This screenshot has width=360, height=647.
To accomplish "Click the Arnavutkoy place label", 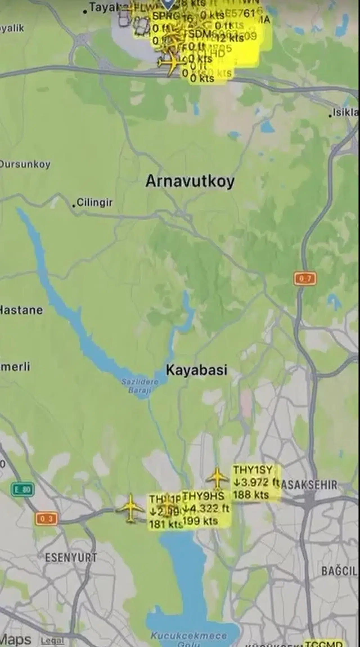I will click(x=190, y=181).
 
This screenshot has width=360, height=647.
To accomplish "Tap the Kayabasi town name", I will click(x=196, y=370).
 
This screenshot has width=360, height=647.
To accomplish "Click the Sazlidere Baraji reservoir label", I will click(x=140, y=386).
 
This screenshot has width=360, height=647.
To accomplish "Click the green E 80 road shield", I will click(x=23, y=489).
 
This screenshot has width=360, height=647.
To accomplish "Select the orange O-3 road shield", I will click(x=46, y=519).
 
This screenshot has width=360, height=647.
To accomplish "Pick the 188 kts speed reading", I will click(x=251, y=495).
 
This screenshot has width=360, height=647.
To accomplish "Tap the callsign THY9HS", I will click(x=204, y=496).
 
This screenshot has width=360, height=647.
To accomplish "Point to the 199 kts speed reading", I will click(x=200, y=521).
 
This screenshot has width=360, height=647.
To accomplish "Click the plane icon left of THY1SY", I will click(x=217, y=478).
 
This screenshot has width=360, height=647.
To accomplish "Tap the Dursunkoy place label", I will click(x=25, y=164).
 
